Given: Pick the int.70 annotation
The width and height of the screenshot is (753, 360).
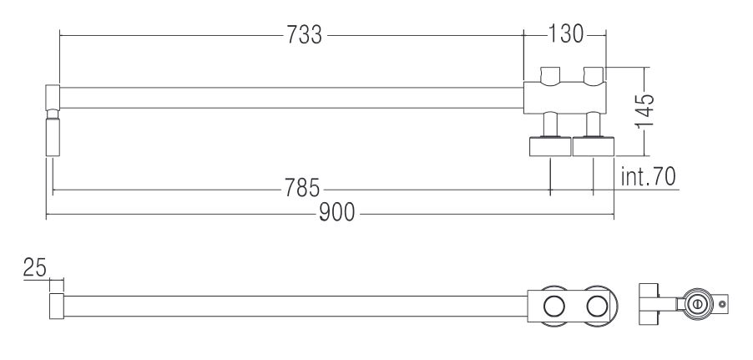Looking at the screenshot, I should [x=649, y=177].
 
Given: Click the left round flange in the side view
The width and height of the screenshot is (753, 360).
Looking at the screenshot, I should [x=550, y=148].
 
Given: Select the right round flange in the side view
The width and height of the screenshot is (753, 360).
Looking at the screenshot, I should [x=594, y=148].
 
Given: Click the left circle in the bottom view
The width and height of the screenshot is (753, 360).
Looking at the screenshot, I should [x=552, y=306].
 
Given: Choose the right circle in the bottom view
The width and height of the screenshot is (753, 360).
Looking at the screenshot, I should [x=595, y=306].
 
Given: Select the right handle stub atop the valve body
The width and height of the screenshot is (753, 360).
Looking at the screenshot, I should [x=594, y=76].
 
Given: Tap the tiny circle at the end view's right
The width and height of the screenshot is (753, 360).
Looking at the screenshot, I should [x=722, y=306].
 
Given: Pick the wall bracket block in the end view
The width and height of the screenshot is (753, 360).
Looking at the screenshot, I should [x=650, y=307].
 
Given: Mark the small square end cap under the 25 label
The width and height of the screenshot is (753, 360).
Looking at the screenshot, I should [x=56, y=306].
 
